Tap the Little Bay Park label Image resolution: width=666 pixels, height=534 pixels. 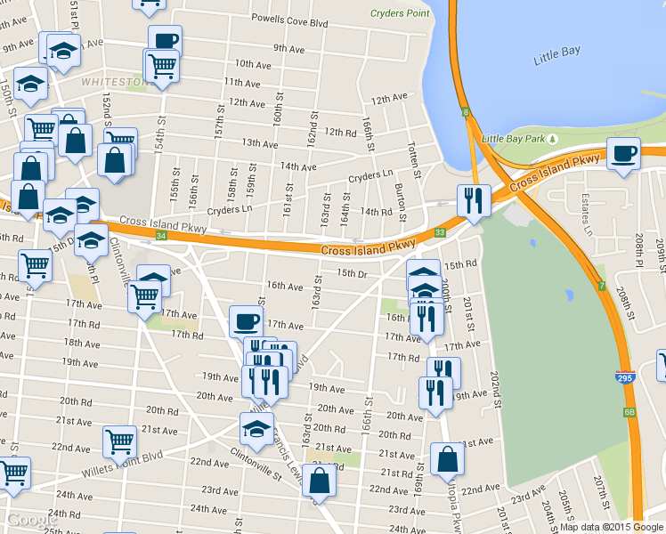512,139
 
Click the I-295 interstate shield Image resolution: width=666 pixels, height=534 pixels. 625,378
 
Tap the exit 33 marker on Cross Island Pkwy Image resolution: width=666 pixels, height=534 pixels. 439,232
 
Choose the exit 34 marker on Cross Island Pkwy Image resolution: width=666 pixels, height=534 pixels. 160,236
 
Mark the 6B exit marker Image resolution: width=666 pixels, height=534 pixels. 629,412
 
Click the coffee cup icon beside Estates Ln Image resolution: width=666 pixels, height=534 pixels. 623,153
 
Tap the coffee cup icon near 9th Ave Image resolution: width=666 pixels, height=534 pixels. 166,40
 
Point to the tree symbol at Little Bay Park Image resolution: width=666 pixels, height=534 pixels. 553,139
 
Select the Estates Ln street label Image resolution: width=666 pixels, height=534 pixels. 587,214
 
